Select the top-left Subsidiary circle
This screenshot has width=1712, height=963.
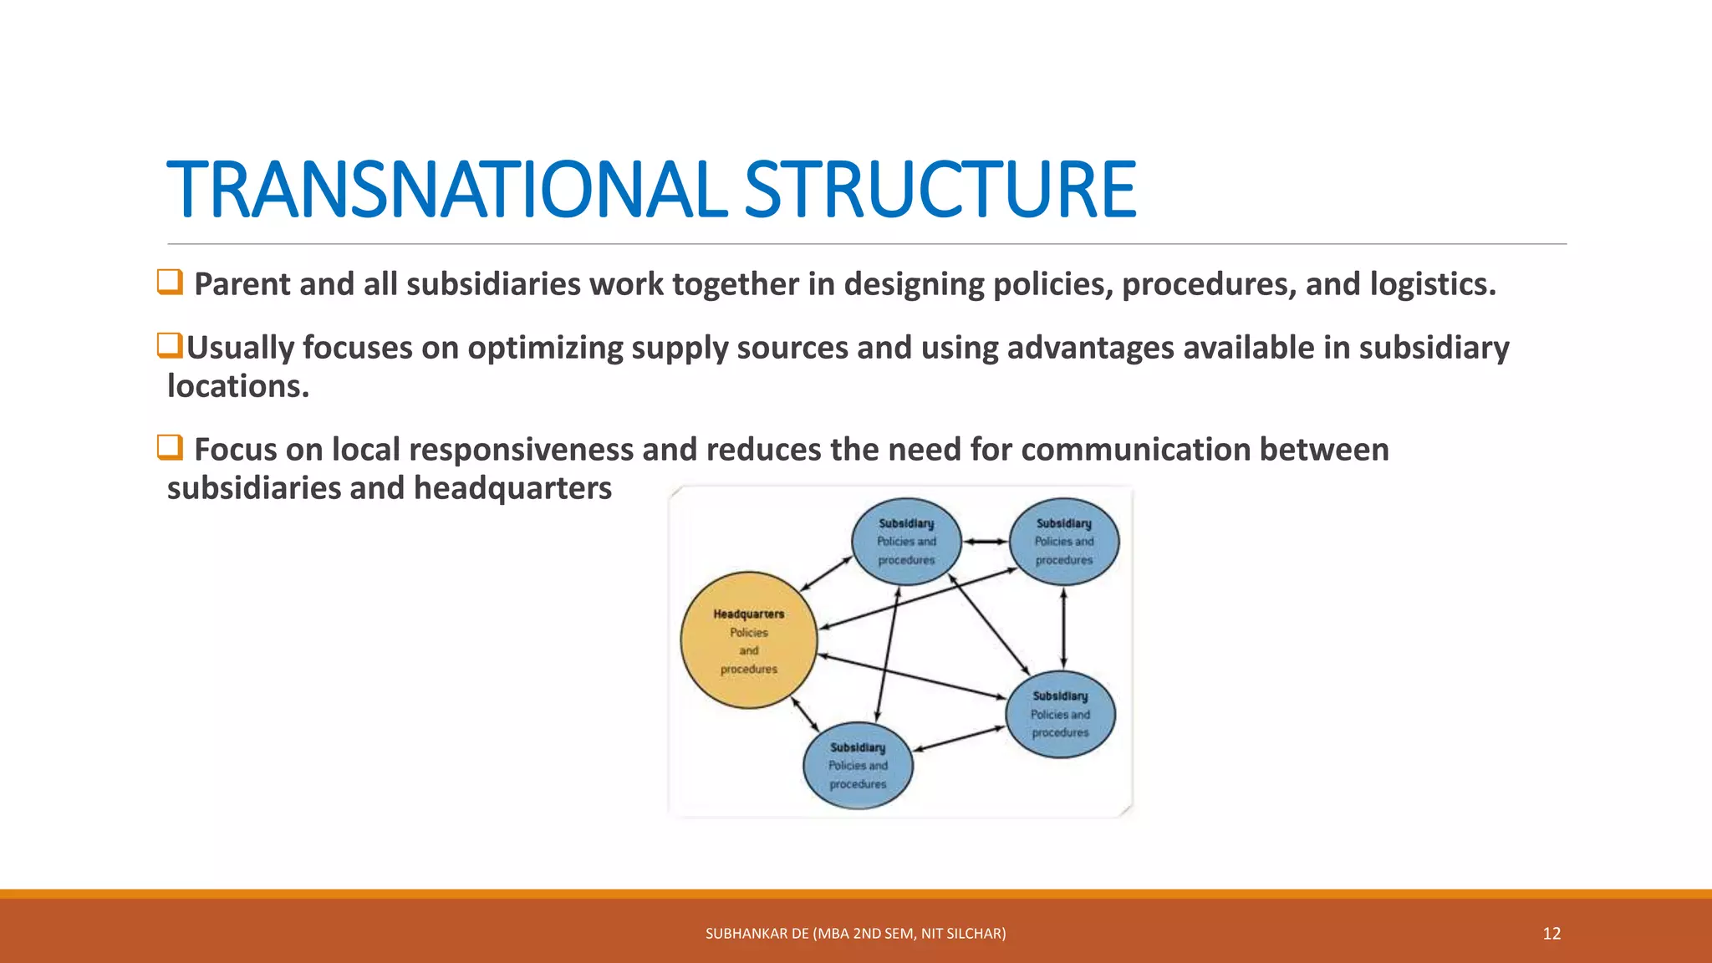(x=906, y=542)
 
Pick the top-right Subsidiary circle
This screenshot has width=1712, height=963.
(x=1064, y=542)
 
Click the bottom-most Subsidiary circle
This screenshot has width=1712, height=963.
(x=858, y=766)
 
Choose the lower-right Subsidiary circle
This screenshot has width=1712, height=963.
(x=1060, y=714)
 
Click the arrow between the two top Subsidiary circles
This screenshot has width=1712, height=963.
(x=986, y=542)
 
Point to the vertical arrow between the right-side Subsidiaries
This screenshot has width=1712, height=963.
(x=1063, y=628)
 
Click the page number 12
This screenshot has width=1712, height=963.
(x=1551, y=934)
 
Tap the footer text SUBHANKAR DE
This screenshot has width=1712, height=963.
(x=757, y=934)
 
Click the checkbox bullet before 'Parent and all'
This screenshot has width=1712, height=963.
(x=170, y=282)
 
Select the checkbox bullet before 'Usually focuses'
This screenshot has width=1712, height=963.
(x=170, y=344)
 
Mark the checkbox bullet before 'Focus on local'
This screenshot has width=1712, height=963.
(x=170, y=447)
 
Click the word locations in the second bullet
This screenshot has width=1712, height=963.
(x=237, y=386)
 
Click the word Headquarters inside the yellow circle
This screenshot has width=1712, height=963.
(x=749, y=614)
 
